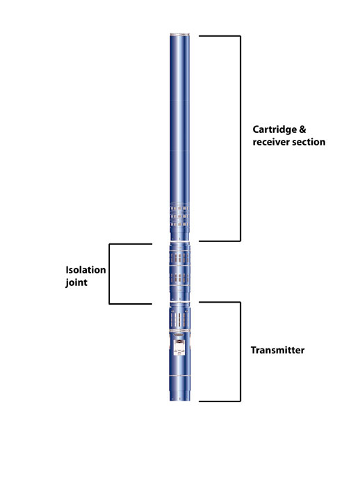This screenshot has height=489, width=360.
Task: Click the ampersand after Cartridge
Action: click(x=302, y=129)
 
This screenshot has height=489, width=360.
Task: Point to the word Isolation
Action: click(x=85, y=270)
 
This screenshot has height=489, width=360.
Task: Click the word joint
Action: click(x=76, y=282)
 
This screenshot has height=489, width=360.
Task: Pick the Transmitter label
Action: click(x=277, y=350)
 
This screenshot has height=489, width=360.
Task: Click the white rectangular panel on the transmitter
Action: click(x=179, y=347)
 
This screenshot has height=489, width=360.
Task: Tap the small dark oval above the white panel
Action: click(x=179, y=335)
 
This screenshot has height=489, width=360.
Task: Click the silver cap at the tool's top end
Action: click(x=179, y=34)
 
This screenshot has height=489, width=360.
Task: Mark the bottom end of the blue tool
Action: click(x=179, y=400)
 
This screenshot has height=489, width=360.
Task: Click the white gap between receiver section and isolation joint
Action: click(x=179, y=241)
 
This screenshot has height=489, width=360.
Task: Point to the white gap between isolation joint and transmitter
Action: click(x=179, y=302)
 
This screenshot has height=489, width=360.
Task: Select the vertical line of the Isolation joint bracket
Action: click(x=109, y=274)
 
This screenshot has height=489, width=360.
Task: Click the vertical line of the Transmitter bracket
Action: click(x=240, y=351)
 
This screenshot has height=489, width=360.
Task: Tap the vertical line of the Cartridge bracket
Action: click(x=240, y=138)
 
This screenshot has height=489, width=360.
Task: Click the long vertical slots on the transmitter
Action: click(x=179, y=319)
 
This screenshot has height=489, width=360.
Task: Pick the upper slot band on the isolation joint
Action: click(x=179, y=258)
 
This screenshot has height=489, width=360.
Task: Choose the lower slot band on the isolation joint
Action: click(x=179, y=278)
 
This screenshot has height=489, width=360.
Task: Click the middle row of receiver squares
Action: click(x=179, y=216)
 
